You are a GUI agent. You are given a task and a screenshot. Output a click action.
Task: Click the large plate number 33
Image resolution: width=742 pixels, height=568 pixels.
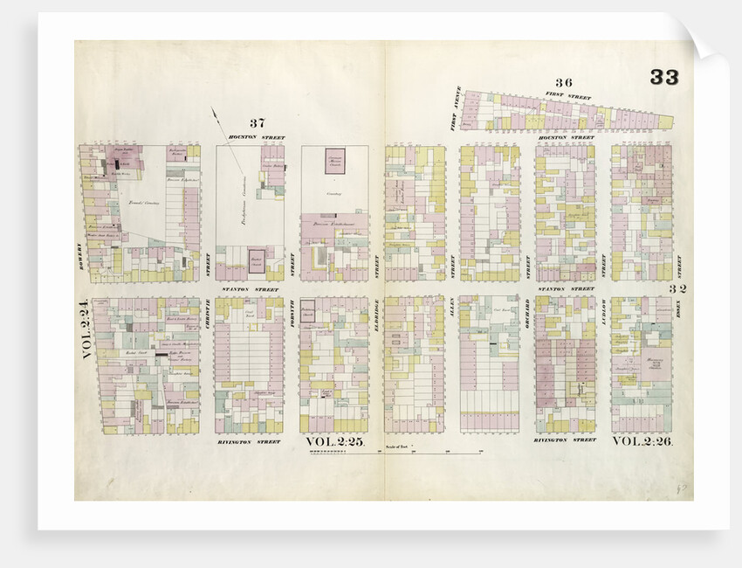663,77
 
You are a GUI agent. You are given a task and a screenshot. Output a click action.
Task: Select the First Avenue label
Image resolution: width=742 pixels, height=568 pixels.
453,114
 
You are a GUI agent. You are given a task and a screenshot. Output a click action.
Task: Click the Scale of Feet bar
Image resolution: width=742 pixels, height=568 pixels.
393,454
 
